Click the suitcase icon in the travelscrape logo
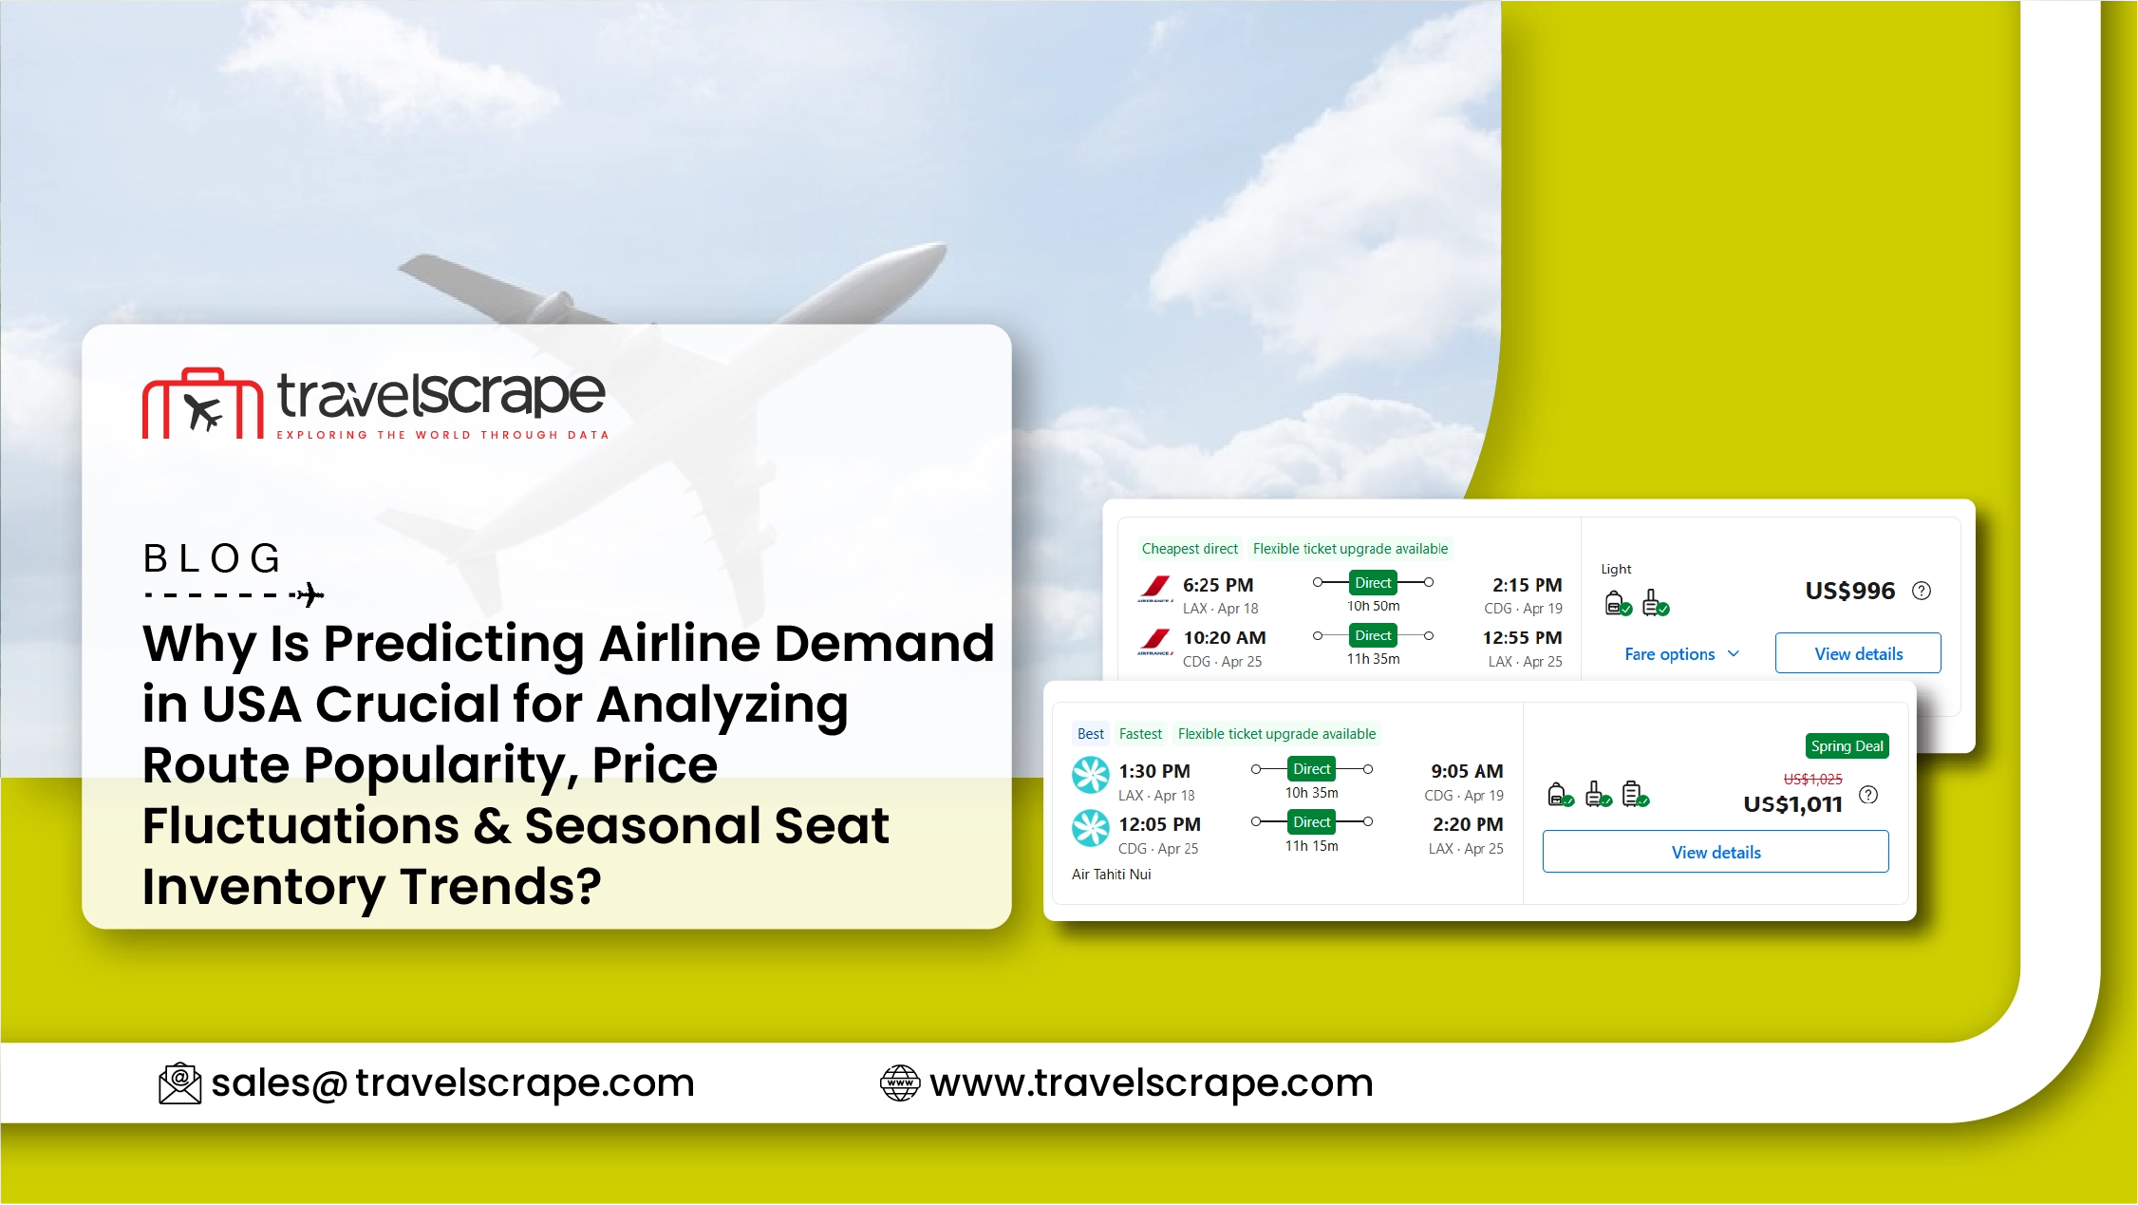(x=202, y=404)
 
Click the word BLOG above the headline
(x=213, y=558)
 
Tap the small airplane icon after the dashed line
(x=309, y=595)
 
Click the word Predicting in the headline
(x=454, y=645)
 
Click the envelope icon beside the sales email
(x=179, y=1083)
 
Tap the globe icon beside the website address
(x=900, y=1083)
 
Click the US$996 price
(x=1849, y=591)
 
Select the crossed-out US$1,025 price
(x=1812, y=780)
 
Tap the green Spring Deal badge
(x=1847, y=746)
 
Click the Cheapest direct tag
(x=1190, y=549)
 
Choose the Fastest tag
(x=1140, y=734)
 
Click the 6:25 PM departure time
(x=1218, y=585)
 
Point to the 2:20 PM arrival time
(x=1468, y=824)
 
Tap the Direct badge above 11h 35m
(x=1373, y=635)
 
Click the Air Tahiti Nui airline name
(x=1111, y=875)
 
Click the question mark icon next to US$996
(x=1922, y=591)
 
